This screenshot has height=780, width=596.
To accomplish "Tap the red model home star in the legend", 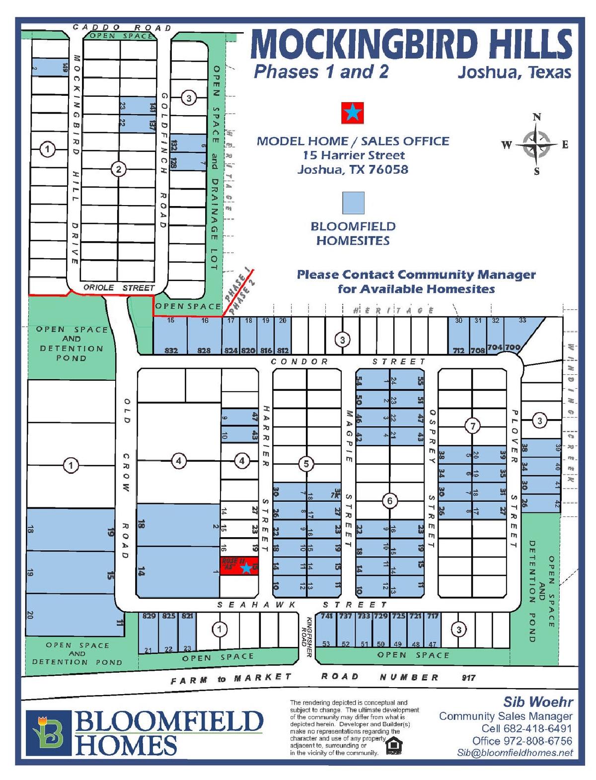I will [352, 113].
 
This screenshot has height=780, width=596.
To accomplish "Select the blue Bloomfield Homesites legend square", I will [353, 203].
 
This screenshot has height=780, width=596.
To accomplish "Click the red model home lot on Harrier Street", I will [239, 566].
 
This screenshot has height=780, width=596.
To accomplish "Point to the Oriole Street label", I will [119, 287].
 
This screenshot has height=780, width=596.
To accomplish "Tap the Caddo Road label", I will [122, 28].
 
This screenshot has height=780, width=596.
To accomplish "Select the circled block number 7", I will [472, 425].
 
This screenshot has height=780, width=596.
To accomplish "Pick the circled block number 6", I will [389, 501].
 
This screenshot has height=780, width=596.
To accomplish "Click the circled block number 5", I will [306, 464].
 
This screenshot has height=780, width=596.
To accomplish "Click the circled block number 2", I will [118, 169].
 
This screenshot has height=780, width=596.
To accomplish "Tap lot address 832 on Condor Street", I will [171, 351].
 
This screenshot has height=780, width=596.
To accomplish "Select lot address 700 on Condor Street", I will [513, 348].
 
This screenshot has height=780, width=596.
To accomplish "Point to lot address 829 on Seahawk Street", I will [149, 616].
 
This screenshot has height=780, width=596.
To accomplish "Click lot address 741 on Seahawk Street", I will [326, 616].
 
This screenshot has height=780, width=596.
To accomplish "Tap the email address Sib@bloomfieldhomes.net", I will [515, 753].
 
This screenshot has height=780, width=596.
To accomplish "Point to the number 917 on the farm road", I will [468, 677].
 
